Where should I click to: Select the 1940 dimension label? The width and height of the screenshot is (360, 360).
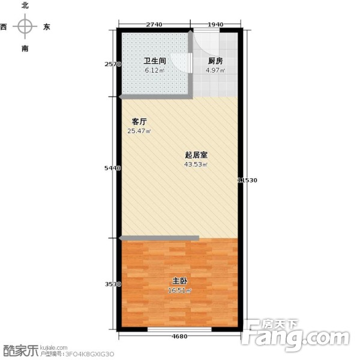click(216, 25)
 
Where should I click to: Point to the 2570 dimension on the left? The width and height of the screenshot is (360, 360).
click(112, 64)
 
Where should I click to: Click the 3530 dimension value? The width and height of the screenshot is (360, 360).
click(112, 284)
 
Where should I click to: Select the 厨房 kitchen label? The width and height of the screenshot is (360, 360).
click(215, 61)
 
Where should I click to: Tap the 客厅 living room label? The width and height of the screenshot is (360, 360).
click(140, 121)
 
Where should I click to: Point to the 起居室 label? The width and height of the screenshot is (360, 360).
click(196, 154)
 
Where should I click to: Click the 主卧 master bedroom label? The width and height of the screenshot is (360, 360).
click(179, 280)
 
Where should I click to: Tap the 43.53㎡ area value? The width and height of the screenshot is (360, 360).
click(196, 164)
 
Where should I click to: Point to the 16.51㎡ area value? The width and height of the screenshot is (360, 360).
click(180, 291)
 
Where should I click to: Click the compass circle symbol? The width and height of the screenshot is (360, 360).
click(25, 26)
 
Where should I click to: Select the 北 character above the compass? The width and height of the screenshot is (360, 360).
click(25, 5)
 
